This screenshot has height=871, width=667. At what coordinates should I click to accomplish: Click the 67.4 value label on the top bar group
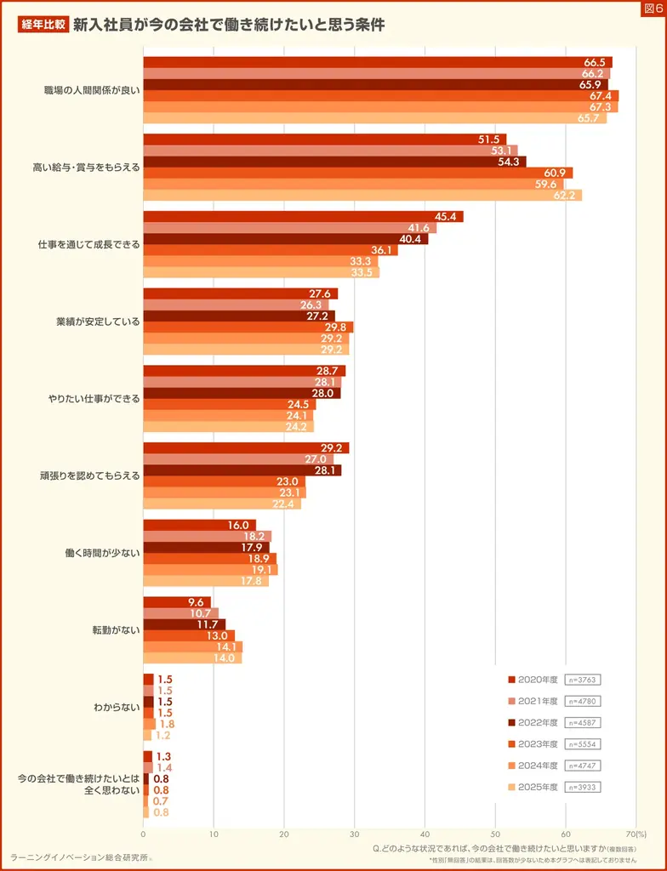[601, 96]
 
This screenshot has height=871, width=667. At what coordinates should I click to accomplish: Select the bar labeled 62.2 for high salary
[362, 195]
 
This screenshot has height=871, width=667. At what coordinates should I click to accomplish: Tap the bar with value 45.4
[303, 217]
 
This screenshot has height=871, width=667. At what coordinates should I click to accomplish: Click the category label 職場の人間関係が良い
[92, 90]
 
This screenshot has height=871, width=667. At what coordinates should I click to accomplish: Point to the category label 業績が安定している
[98, 322]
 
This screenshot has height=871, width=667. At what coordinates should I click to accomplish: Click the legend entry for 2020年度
[532, 680]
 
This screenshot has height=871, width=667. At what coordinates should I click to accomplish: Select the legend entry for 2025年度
[532, 787]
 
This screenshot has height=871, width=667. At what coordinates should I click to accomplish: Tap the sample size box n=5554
[583, 744]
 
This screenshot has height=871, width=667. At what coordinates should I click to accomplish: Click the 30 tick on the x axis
[354, 834]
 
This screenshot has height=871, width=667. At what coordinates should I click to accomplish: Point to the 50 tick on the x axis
[495, 834]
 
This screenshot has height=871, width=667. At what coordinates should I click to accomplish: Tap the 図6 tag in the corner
[653, 9]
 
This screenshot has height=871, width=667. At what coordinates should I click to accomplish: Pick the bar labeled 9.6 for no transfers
[177, 602]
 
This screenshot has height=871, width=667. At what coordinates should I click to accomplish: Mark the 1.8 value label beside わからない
[165, 724]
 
